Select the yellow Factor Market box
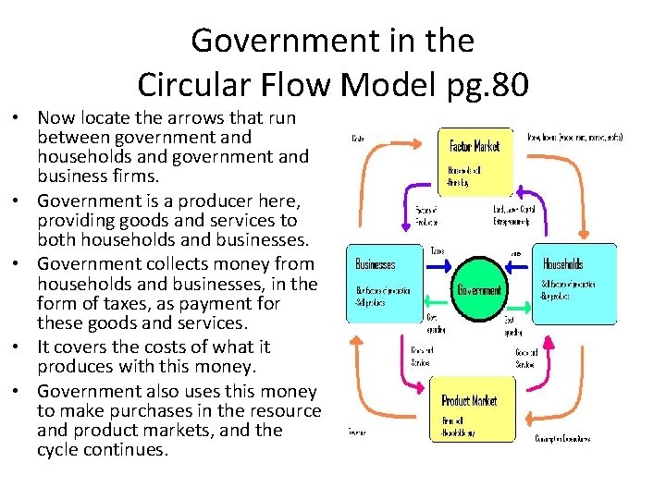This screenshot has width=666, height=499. point(475,155)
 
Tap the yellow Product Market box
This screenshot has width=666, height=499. point(477,409)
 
